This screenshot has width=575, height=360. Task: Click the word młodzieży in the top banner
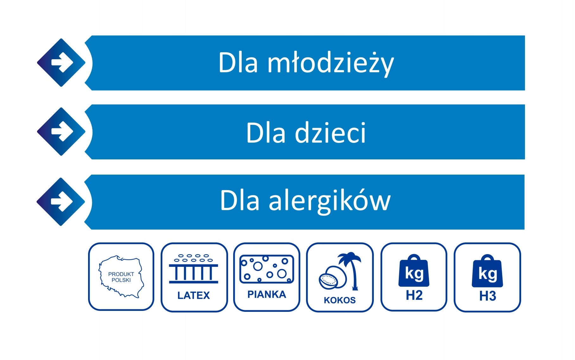(331, 63)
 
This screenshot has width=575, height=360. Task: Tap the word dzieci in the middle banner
(330, 132)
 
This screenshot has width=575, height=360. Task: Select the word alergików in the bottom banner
(330, 201)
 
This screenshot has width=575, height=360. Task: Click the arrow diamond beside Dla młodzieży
(61, 63)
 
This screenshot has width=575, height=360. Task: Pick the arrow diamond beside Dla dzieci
(61, 132)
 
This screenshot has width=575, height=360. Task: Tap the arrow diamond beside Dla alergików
(61, 202)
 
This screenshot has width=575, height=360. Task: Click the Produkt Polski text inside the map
(121, 277)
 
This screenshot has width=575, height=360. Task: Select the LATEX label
(194, 295)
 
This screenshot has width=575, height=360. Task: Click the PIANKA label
(267, 294)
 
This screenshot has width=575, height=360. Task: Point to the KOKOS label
(340, 300)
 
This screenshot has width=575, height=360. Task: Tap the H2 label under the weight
(414, 295)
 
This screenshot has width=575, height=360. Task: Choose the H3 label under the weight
(488, 296)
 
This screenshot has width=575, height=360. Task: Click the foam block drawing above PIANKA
(267, 269)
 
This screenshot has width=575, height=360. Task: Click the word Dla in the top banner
(238, 63)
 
